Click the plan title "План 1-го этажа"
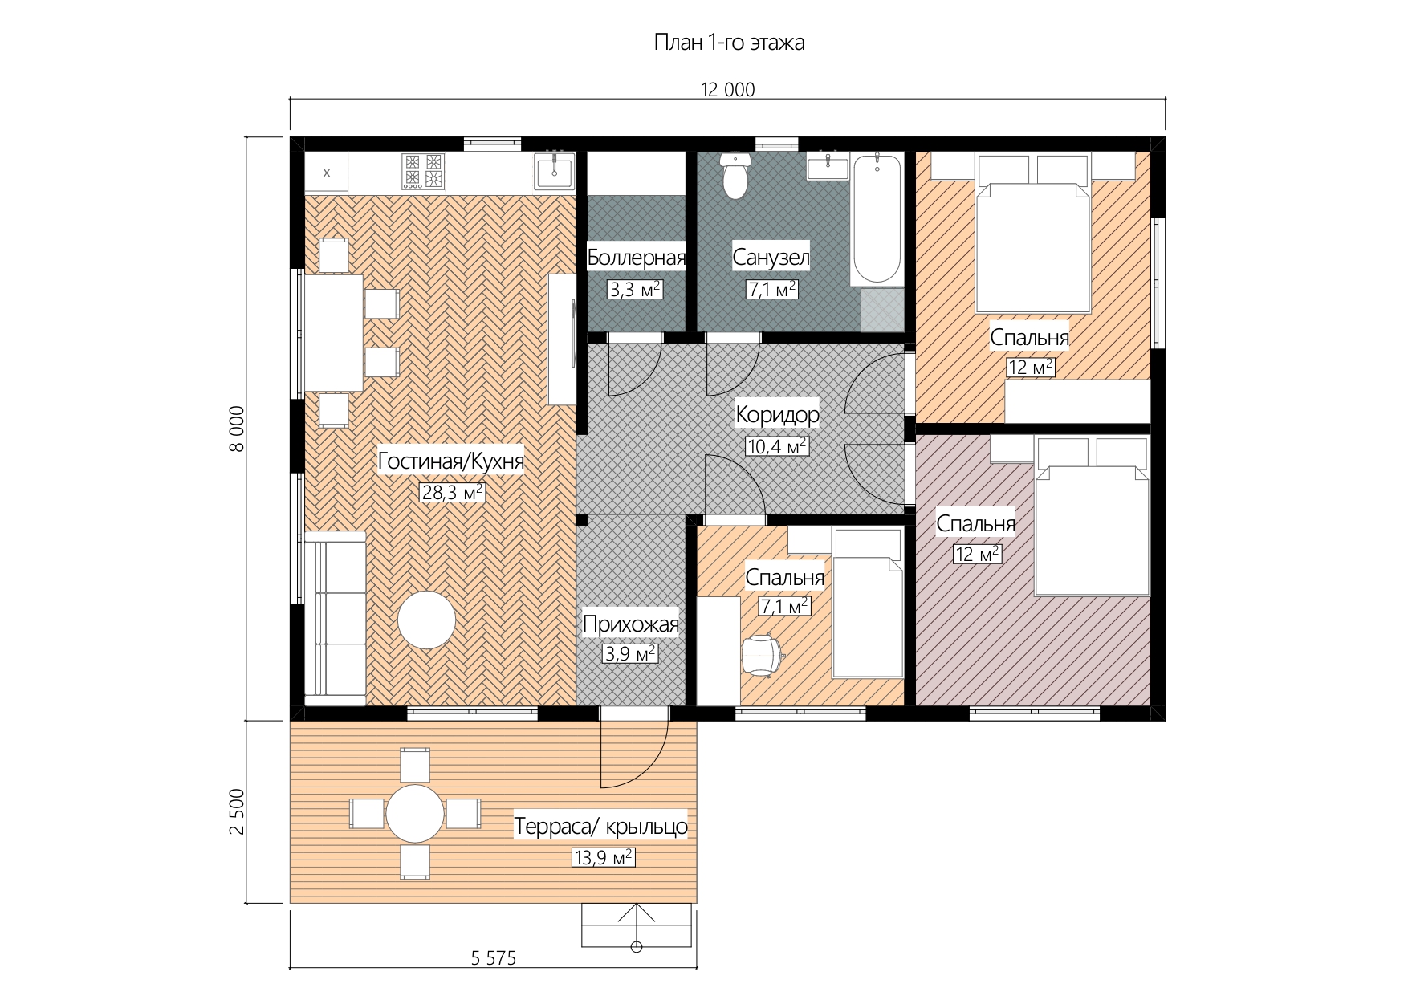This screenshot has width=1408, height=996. pyautogui.click(x=729, y=43)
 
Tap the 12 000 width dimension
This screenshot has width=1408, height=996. pyautogui.click(x=727, y=90)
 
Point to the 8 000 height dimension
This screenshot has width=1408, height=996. pyautogui.click(x=237, y=429)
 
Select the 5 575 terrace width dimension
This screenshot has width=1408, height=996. pyautogui.click(x=493, y=957)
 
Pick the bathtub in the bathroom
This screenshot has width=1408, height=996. pyautogui.click(x=877, y=218)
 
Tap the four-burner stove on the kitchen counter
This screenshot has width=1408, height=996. pyautogui.click(x=423, y=171)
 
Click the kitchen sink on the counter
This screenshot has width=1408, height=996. pyautogui.click(x=554, y=171)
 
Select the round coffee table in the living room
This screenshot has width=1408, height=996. pyautogui.click(x=427, y=620)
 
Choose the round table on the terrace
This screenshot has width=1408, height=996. pyautogui.click(x=415, y=814)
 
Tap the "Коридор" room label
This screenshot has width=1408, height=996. pyautogui.click(x=777, y=414)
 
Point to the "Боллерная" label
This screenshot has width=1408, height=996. pyautogui.click(x=637, y=258)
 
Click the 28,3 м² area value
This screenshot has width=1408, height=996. pyautogui.click(x=452, y=492)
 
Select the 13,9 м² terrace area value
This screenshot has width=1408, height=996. pyautogui.click(x=603, y=857)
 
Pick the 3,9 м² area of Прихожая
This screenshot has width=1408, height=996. pyautogui.click(x=630, y=654)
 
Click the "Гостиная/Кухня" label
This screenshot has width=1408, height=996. pyautogui.click(x=450, y=461)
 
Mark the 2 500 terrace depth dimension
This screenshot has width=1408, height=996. pyautogui.click(x=237, y=811)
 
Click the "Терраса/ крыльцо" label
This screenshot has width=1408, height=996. pyautogui.click(x=600, y=826)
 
